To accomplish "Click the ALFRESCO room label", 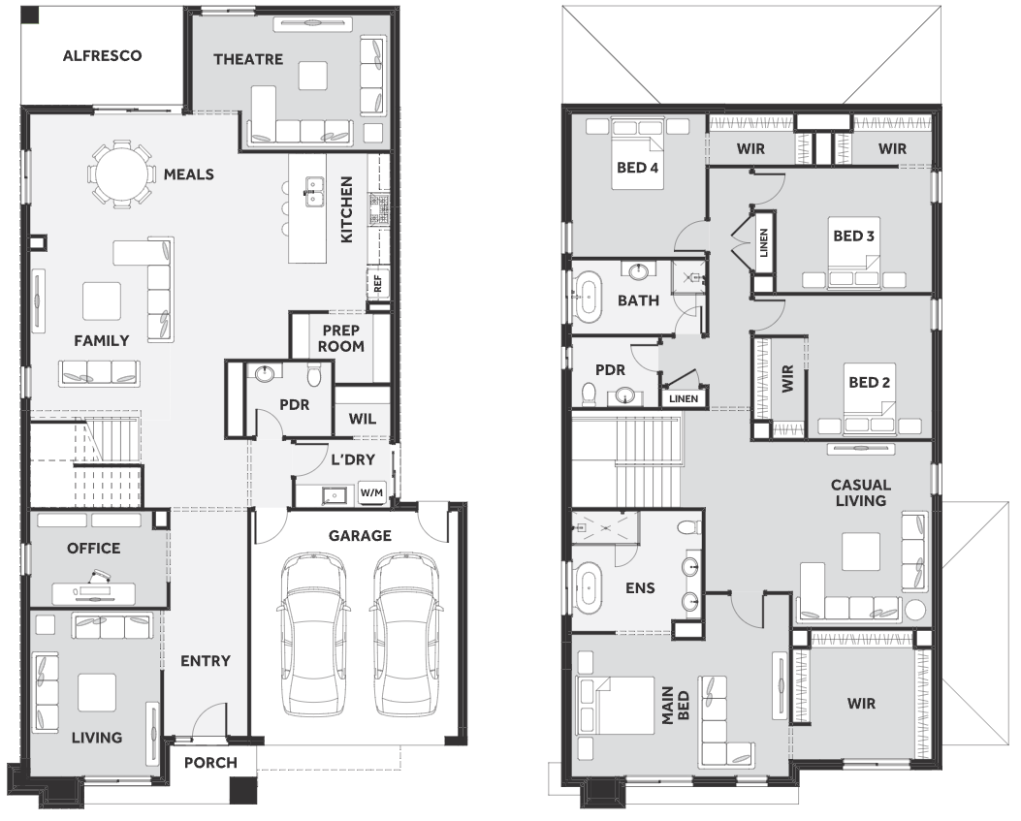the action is pos(102,56).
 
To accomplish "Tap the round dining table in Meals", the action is pos(122,174).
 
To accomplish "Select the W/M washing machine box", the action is pos(371,492).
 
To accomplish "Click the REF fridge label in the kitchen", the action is pos(378,284).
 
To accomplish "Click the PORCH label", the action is pos(210,763).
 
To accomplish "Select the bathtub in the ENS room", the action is pos(588,587).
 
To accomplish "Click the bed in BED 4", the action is pos(637,154).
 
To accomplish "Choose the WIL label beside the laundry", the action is pos(362,419).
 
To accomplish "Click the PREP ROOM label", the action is pos(340,338).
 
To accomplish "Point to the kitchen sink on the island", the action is pos(314,192).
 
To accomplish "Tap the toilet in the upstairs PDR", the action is pos(589,394).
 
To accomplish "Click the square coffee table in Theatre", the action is pos(313,76).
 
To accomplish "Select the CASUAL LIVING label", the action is pos(861,492).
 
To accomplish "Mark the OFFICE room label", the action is pos(94,549).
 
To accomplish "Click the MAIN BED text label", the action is pos(675,705).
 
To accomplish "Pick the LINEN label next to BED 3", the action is pos(764,242).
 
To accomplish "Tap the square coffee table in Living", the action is pos(97,692).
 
